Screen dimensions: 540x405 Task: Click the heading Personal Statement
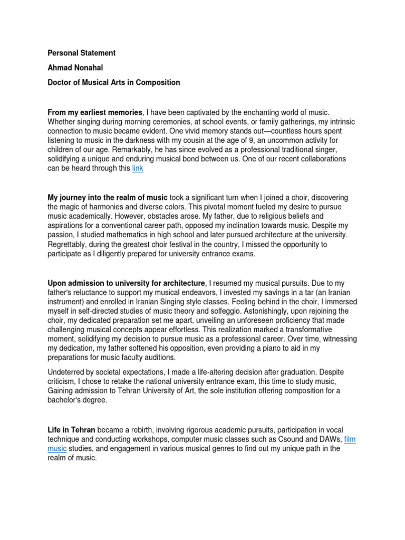coord(81,53)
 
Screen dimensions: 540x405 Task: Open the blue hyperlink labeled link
coord(138,169)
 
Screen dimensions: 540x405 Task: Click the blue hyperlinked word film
coord(350,439)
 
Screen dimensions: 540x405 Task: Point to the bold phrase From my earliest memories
coord(95,112)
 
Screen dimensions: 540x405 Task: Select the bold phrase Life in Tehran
coord(72,430)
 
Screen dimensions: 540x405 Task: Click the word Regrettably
coord(69,244)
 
